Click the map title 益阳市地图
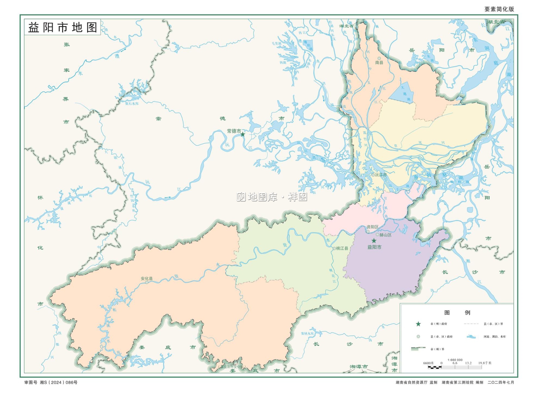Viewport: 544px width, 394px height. click(x=63, y=28)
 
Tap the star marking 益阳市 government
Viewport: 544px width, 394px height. click(x=374, y=241)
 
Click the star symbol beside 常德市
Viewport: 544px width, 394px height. click(x=243, y=134)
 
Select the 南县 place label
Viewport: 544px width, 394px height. click(x=379, y=62)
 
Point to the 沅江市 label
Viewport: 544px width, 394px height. click(x=380, y=175)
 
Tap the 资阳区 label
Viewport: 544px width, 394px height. click(x=372, y=227)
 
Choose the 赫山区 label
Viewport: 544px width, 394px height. click(x=385, y=235)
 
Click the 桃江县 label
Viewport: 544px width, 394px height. click(x=342, y=249)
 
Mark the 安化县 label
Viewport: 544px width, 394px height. click(x=147, y=279)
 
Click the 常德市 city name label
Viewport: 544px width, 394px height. click(x=234, y=131)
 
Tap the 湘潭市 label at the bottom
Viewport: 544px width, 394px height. click(x=359, y=367)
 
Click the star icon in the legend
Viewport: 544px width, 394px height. click(x=418, y=324)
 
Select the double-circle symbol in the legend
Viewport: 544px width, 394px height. click(x=418, y=337)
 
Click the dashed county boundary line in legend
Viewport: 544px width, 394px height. click(x=471, y=324)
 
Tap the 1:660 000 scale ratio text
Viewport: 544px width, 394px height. click(x=455, y=360)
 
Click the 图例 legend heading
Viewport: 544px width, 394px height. click(x=457, y=312)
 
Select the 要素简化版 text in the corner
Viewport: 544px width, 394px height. click(x=499, y=9)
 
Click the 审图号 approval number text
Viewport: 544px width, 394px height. click(x=51, y=382)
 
